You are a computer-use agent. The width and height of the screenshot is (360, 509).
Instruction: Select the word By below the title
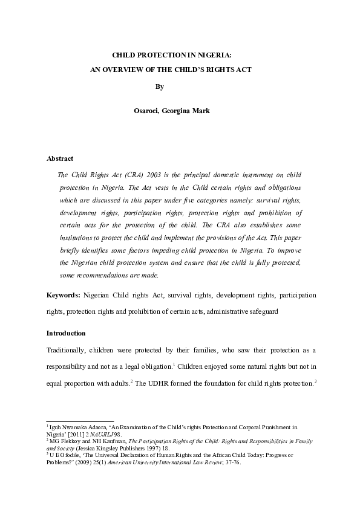(x=160, y=86)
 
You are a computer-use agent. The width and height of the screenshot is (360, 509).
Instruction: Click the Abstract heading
(x=60, y=158)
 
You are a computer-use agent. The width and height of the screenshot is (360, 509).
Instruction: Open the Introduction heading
(x=66, y=333)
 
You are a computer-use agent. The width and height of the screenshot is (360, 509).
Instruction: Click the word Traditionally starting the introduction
(x=70, y=350)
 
